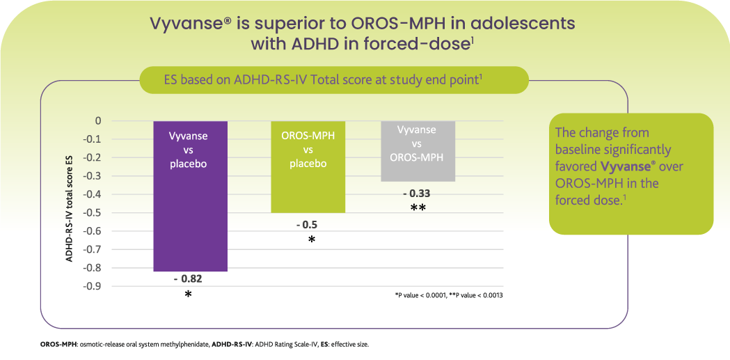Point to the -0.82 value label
pos(188,279)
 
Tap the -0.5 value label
pos(307,224)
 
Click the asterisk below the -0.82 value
pos(188,295)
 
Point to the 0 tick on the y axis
pos(98,121)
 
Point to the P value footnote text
pos(448,296)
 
